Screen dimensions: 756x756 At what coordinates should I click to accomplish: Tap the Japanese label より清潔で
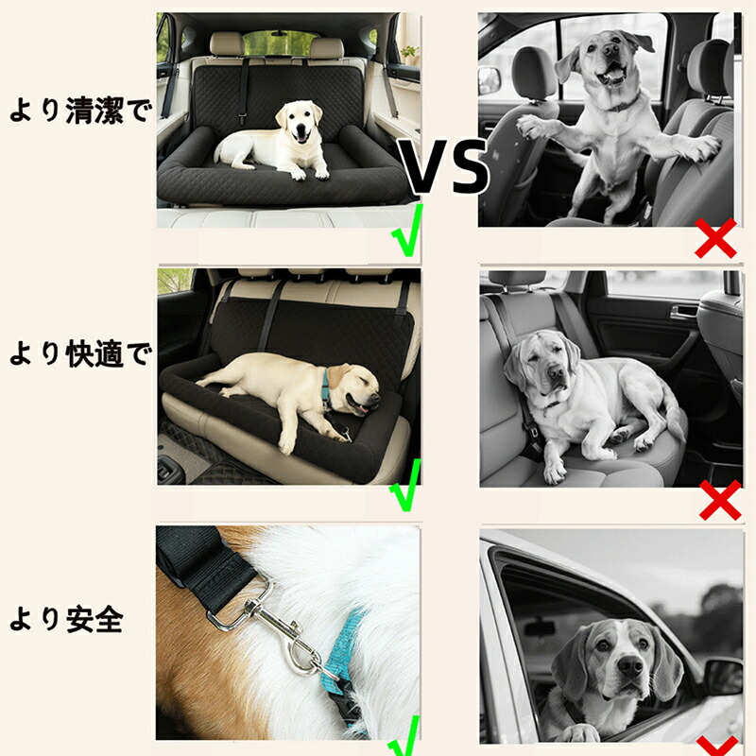point(80,112)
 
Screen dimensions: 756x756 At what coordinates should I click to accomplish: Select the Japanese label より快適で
point(80,354)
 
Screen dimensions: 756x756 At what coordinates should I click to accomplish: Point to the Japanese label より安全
point(66,620)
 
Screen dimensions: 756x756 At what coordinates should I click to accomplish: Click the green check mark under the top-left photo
point(407,231)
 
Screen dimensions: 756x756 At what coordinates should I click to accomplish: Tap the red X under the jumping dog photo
point(716,238)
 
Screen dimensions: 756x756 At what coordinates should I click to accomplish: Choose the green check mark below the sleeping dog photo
point(405,485)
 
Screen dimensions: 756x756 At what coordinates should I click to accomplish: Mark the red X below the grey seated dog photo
point(720,500)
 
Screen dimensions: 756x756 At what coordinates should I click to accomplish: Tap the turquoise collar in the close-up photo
point(346,651)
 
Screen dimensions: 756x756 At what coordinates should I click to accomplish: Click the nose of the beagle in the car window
point(629,667)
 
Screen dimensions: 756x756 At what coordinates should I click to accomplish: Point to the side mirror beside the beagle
point(723,678)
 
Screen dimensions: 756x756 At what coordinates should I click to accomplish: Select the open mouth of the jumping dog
point(611,77)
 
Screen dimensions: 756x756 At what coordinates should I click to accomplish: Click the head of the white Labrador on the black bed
point(299,122)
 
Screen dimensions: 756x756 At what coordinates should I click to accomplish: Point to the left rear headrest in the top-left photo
point(228,43)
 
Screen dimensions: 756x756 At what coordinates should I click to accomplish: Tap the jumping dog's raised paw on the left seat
point(533,127)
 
